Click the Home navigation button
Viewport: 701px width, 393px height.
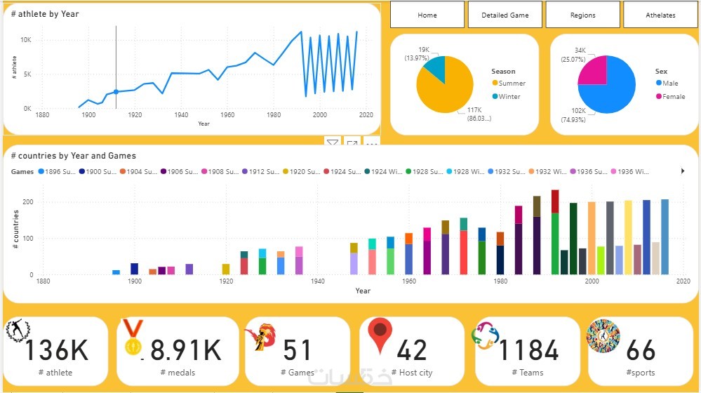[427, 15]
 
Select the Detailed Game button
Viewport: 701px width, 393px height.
[505, 15]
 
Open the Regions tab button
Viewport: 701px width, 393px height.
[582, 15]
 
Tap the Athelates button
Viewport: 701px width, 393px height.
[660, 15]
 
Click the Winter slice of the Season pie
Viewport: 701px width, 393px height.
[435, 68]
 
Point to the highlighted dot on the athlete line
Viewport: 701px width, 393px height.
[116, 91]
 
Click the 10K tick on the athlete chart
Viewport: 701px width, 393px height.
[25, 40]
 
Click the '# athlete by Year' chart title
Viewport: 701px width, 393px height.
[45, 13]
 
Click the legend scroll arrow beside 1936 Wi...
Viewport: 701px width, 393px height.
[683, 171]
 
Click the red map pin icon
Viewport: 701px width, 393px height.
[380, 335]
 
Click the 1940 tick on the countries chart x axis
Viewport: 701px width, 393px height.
[317, 281]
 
